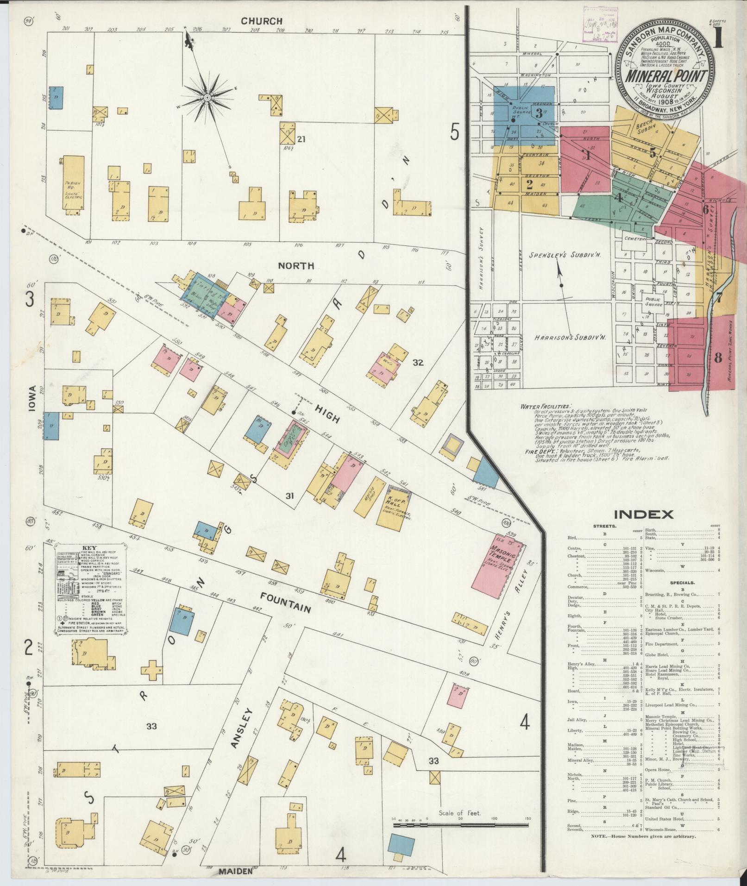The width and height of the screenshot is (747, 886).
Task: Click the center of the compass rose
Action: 207,98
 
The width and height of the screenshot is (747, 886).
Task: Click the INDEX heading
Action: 644,514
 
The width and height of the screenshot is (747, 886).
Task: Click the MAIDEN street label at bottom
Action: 239,871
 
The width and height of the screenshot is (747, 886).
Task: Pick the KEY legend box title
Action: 85,547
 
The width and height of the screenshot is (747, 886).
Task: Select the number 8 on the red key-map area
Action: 718,358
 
